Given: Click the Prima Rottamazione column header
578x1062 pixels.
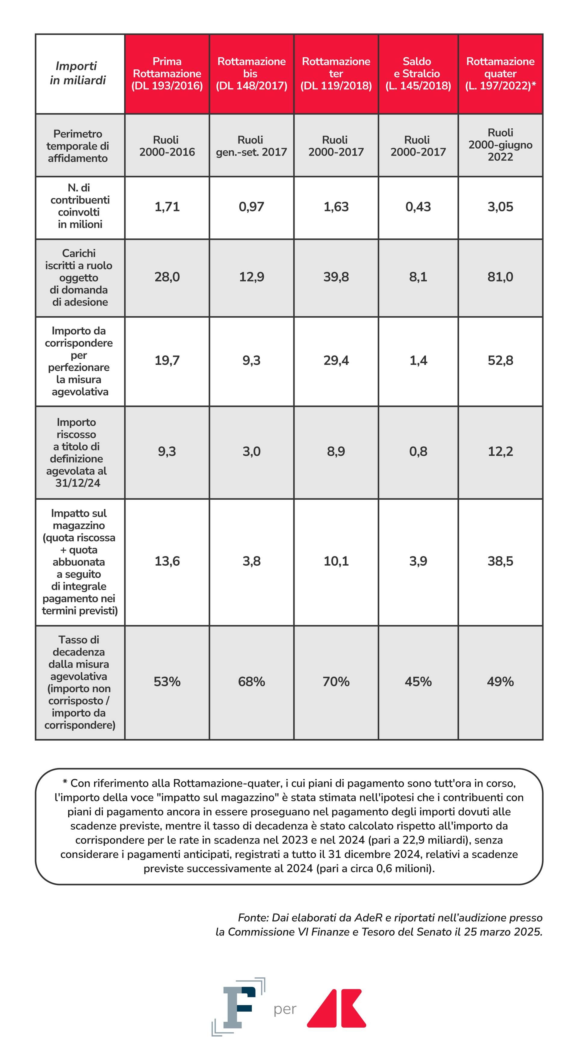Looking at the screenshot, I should tap(167, 74).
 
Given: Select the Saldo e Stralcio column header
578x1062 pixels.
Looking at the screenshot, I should tap(418, 74).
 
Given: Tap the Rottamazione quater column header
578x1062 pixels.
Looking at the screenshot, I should tap(500, 74).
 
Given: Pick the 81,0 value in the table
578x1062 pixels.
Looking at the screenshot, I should tap(500, 277).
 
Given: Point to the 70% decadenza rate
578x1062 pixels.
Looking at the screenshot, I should tap(336, 681).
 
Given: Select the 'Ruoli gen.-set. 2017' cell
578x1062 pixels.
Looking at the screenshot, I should tap(251, 146).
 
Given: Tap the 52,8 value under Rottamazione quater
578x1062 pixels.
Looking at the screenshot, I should tap(500, 360).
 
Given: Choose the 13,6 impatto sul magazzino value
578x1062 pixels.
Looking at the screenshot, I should tap(167, 561).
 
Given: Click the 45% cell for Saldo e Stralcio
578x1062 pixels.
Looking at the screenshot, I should tap(418, 681).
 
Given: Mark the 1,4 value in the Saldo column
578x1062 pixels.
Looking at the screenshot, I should tap(418, 360).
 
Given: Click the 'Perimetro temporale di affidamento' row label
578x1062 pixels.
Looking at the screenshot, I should tap(78, 146).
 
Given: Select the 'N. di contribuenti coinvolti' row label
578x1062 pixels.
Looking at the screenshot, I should tap(79, 206).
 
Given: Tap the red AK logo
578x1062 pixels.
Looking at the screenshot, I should tap(337, 1008).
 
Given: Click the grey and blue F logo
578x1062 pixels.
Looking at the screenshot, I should tap(238, 1006).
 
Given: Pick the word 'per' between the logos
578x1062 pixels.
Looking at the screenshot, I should tap(285, 1009).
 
